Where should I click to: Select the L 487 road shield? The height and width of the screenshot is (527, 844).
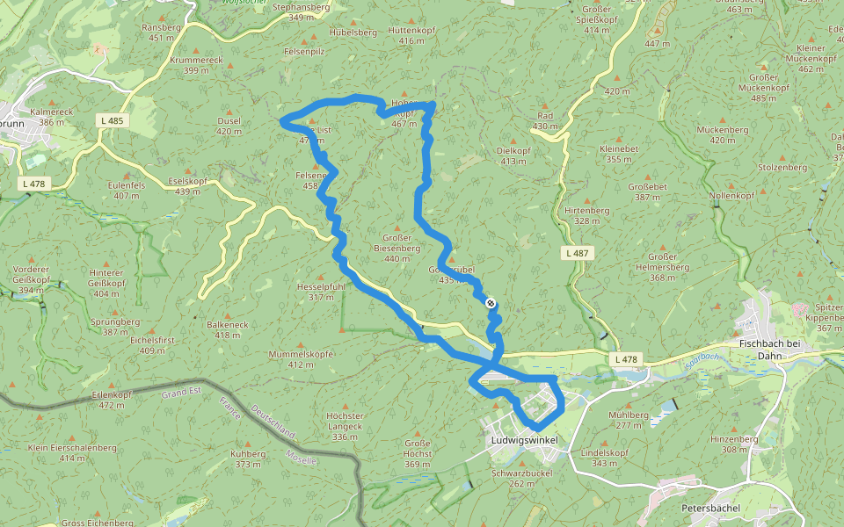(x=576, y=253)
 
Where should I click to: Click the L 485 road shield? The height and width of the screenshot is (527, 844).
(x=112, y=119)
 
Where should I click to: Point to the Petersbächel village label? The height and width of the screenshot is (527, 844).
(x=711, y=508)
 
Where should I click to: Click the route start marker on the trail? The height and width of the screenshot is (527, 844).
(x=491, y=305)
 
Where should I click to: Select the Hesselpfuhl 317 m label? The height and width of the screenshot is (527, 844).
(x=321, y=292)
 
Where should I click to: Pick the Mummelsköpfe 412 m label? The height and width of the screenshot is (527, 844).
(x=301, y=358)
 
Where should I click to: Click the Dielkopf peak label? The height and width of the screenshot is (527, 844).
(x=513, y=155)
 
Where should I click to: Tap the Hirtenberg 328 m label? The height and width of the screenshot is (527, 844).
(x=587, y=215)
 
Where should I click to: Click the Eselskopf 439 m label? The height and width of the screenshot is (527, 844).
(x=187, y=185)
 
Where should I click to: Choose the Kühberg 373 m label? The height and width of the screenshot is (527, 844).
(x=248, y=458)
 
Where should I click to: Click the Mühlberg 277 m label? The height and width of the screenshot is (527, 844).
(x=628, y=419)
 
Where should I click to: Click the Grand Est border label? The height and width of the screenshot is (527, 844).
(x=183, y=395)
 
